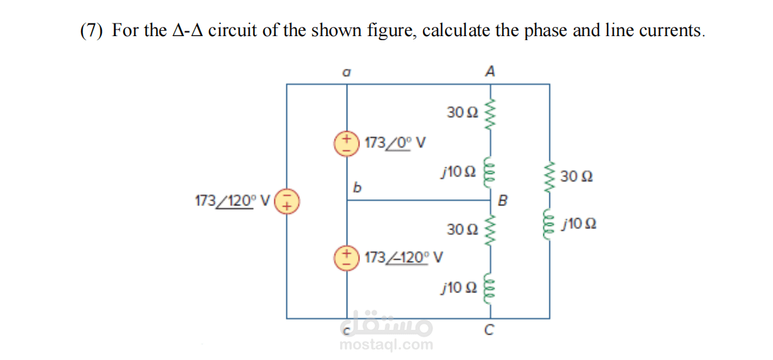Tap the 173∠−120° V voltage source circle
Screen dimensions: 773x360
(347, 258)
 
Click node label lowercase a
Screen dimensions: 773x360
(347, 72)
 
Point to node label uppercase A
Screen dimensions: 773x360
(489, 72)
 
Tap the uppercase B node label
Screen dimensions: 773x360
(503, 201)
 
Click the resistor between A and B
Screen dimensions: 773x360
(490, 114)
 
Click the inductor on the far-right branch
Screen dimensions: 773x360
(549, 226)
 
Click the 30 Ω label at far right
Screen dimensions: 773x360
(577, 177)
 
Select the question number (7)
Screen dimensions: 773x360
(92, 31)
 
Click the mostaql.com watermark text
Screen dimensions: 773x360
(387, 345)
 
